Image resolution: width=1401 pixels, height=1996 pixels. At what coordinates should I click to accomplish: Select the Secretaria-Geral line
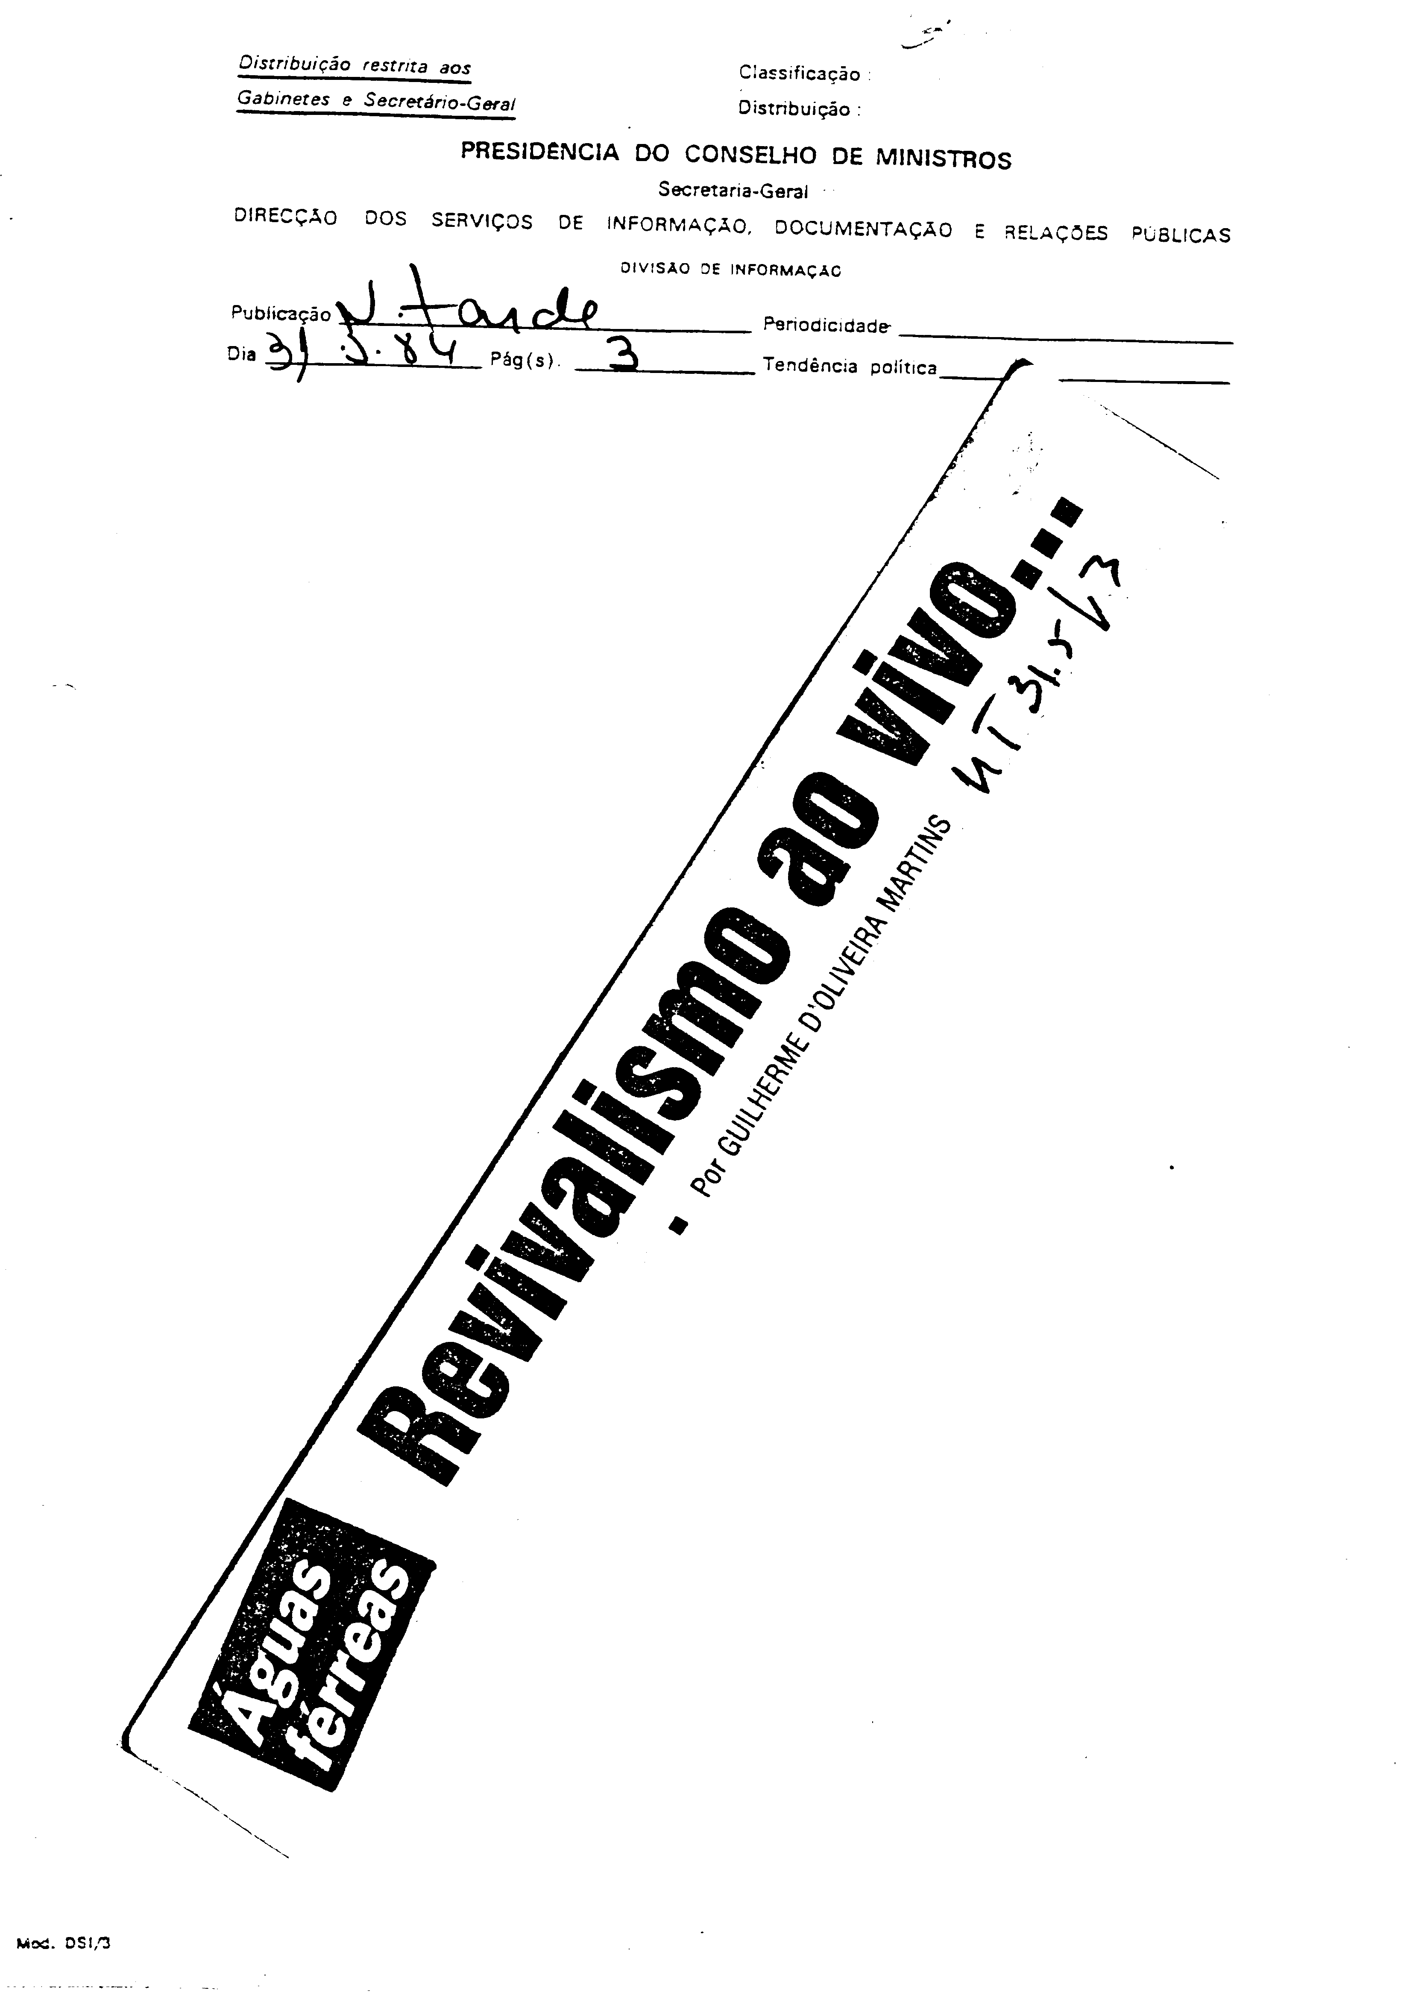[733, 190]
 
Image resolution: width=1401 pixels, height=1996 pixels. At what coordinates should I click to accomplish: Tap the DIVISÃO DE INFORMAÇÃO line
[730, 270]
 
